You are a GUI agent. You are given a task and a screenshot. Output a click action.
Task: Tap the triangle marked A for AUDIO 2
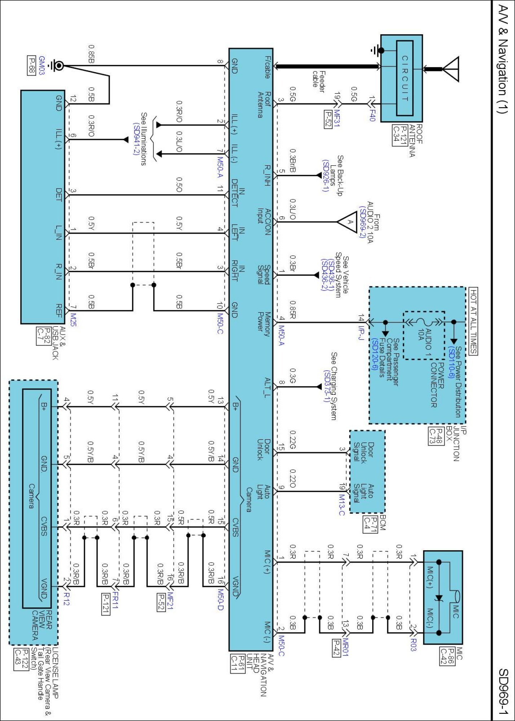pyautogui.click(x=346, y=221)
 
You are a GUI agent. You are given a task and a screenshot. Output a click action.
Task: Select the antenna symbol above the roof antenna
pyautogui.click(x=450, y=69)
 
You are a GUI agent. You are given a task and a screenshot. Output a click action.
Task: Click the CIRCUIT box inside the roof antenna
pyautogui.click(x=405, y=78)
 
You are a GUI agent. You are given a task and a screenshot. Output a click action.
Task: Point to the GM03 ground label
pyautogui.click(x=41, y=65)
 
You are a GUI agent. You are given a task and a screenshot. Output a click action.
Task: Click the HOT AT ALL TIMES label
pyautogui.click(x=473, y=321)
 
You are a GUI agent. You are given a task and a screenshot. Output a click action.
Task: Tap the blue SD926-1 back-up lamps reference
pyautogui.click(x=325, y=176)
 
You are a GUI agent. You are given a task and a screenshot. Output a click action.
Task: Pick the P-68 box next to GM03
pyautogui.click(x=32, y=65)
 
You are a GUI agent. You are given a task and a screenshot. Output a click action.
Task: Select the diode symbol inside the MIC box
pyautogui.click(x=439, y=598)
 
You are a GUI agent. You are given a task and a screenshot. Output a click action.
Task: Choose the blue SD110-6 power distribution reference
pyautogui.click(x=451, y=362)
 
